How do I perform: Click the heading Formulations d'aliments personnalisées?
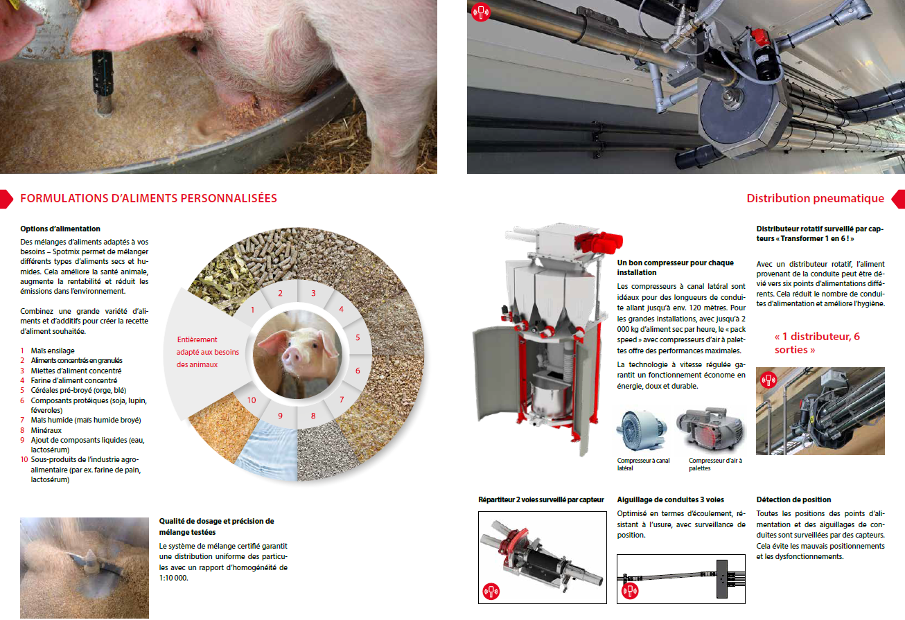(x=149, y=198)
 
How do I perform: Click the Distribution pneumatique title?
(x=815, y=198)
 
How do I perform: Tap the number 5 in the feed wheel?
(x=358, y=337)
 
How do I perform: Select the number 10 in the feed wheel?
(x=252, y=400)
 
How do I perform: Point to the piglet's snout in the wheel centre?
(x=292, y=356)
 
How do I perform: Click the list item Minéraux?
(x=46, y=430)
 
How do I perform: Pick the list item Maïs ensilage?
(x=53, y=351)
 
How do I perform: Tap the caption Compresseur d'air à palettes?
(x=716, y=464)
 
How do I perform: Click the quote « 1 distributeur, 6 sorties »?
(x=817, y=343)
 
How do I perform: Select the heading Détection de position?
(x=793, y=499)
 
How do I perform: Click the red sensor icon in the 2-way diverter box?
(x=491, y=592)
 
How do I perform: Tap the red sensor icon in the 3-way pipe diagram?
(x=630, y=592)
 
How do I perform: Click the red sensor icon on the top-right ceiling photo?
(x=481, y=12)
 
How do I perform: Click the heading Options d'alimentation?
(x=60, y=229)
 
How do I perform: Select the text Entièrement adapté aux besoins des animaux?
(x=208, y=352)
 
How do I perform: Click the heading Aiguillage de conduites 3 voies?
(x=670, y=499)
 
